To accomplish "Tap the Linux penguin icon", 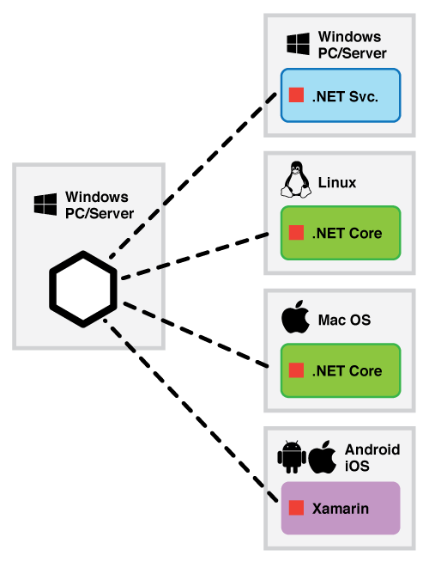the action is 295,180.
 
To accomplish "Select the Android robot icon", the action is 292,457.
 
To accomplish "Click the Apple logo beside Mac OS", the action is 295,317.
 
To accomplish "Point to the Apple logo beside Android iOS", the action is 322,457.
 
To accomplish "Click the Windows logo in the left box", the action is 45,205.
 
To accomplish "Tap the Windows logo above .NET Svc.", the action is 298,44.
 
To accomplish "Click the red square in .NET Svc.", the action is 296,95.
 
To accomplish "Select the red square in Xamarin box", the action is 296,508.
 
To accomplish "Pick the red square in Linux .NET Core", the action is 296,232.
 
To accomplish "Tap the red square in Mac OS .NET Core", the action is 296,370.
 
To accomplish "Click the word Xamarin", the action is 341,508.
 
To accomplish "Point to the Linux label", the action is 337,182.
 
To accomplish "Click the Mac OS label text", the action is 344,320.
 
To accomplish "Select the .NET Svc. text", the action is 345,96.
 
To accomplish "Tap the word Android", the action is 372,449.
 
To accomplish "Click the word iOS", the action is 357,466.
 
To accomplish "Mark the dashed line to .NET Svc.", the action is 193,175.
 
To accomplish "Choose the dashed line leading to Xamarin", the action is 190,410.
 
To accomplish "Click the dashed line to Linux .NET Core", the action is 195,256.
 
